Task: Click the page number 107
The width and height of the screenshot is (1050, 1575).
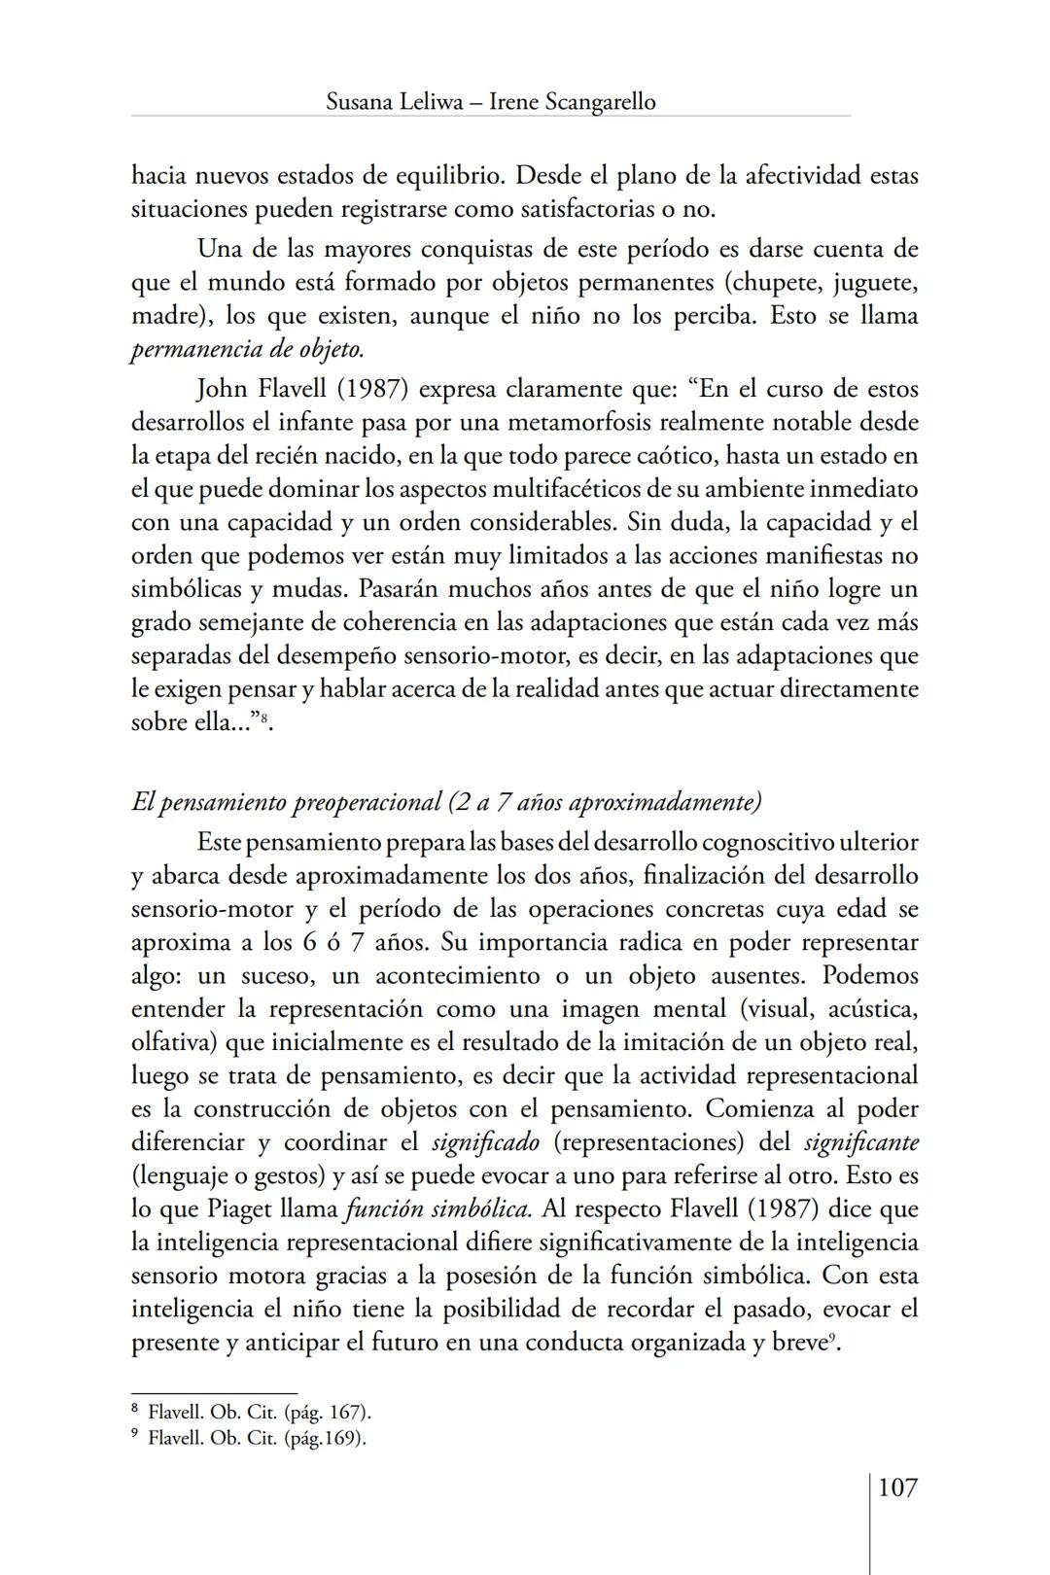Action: (896, 1487)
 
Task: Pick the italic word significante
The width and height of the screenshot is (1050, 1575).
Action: (860, 1142)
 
